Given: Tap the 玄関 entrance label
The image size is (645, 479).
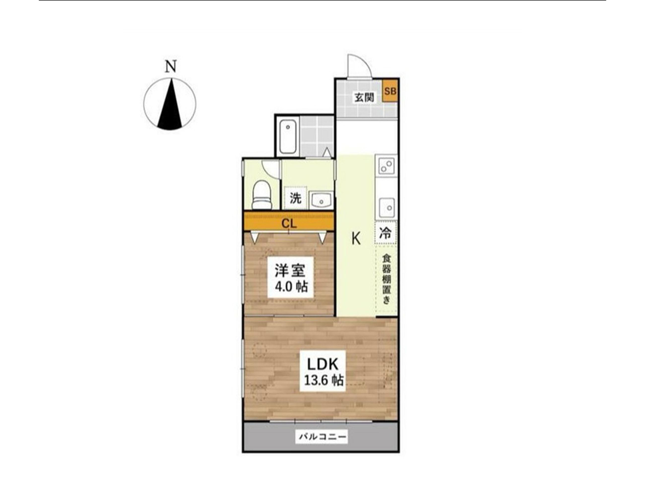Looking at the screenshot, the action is click(x=364, y=98).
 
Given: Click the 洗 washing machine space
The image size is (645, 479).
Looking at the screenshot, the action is click(x=295, y=198).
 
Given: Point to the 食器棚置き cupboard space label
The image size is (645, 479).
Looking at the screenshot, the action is click(x=386, y=279).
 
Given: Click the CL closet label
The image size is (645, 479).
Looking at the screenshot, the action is click(x=290, y=224).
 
